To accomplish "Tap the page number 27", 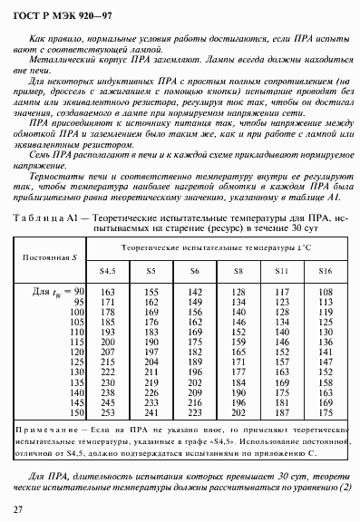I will pyautogui.click(x=19, y=510).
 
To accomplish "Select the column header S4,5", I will pyautogui.click(x=108, y=271).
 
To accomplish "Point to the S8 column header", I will pyautogui.click(x=238, y=271).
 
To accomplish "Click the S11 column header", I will pyautogui.click(x=282, y=271).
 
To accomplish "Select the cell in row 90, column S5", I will pyautogui.click(x=151, y=292).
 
